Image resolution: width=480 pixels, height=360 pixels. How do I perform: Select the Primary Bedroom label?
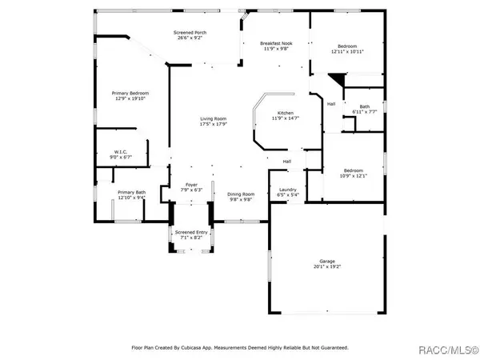click(130, 93)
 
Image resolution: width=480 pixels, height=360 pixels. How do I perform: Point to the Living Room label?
click(214, 118)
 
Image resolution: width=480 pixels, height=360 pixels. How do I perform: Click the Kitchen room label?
click(286, 113)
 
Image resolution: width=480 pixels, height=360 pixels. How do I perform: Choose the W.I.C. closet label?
click(121, 151)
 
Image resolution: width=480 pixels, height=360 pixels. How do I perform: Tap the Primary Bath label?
click(131, 192)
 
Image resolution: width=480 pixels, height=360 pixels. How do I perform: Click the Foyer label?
click(192, 184)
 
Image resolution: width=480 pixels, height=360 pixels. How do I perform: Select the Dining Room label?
click(241, 193)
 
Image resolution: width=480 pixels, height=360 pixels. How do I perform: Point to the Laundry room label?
click(288, 189)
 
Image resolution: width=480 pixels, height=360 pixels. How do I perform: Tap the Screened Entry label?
click(190, 232)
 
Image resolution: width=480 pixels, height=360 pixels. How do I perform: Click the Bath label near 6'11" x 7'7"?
click(364, 106)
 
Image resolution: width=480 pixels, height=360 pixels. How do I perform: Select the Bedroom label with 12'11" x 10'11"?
click(348, 46)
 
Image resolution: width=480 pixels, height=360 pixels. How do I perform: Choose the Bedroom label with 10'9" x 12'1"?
click(354, 170)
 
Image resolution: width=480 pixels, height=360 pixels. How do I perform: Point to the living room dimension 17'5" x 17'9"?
click(214, 124)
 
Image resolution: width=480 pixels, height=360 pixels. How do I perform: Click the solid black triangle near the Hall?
click(339, 80)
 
